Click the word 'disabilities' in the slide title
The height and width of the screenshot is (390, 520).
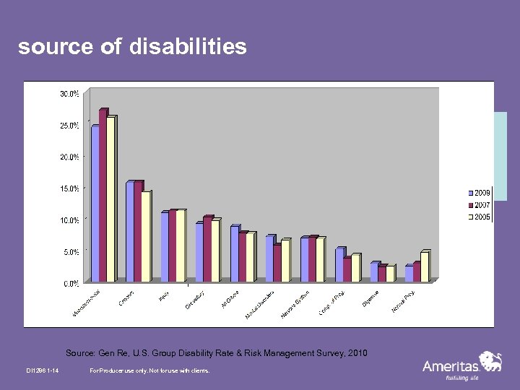click(188, 47)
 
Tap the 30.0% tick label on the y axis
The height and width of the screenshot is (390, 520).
click(70, 93)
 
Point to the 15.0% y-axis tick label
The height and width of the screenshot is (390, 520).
click(70, 188)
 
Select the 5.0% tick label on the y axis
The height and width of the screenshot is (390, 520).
click(70, 252)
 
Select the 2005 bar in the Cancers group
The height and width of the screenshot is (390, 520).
click(145, 236)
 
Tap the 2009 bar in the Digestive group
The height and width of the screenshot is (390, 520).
click(374, 272)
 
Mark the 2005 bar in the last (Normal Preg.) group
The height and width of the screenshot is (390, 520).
click(424, 266)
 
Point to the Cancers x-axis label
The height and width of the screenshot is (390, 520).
click(127, 297)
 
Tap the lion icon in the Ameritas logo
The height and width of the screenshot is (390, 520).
click(490, 360)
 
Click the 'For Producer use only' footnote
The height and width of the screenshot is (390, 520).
click(149, 370)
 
